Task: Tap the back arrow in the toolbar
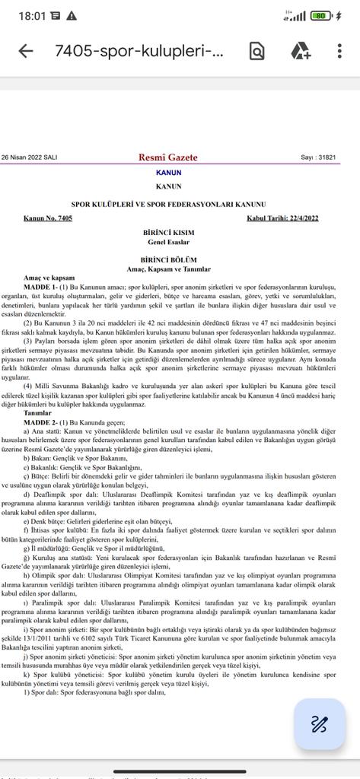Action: coord(25,51)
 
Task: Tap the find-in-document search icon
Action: coord(257,51)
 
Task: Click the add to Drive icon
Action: coord(301,51)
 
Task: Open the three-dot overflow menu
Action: coord(339,51)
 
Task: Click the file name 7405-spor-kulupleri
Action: coord(140,51)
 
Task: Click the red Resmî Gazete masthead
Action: coord(168,157)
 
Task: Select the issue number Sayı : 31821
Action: coord(318,157)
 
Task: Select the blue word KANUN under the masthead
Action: coord(168,173)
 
